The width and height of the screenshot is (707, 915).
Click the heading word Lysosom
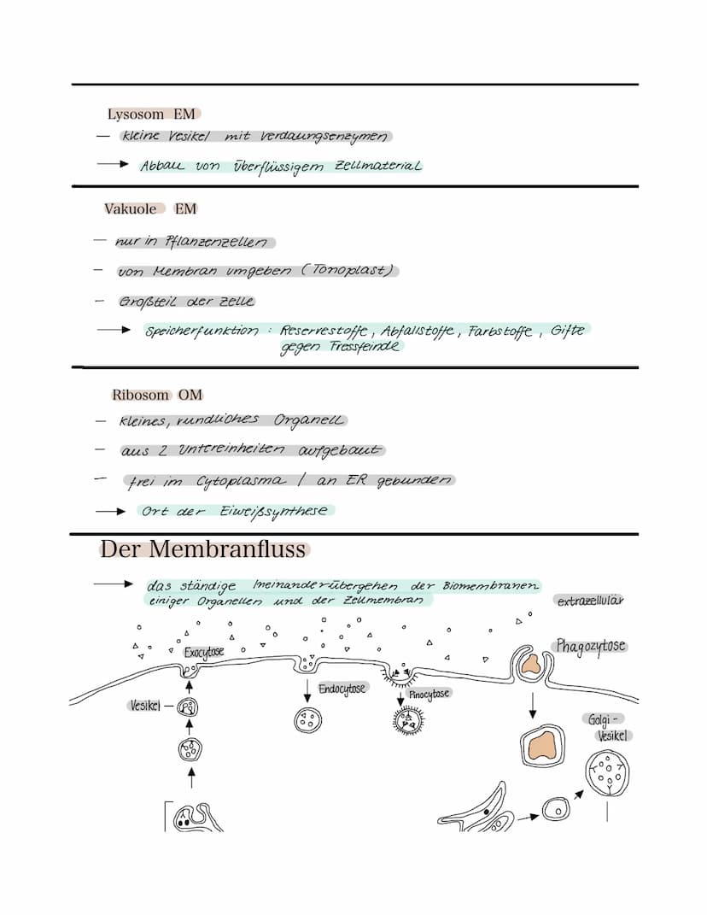(136, 114)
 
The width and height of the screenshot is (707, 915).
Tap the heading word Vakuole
(131, 209)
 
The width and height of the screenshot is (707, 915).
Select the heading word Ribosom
(141, 395)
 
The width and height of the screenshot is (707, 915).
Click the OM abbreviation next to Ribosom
(190, 395)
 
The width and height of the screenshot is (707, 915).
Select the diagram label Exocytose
(203, 653)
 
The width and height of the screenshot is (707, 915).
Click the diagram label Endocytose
(342, 689)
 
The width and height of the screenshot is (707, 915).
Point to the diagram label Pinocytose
(428, 694)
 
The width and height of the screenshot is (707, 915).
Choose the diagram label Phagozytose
(591, 646)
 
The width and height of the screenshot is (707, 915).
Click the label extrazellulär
(590, 601)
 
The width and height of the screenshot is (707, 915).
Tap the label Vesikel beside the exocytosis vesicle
(146, 706)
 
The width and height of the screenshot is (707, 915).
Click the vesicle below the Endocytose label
(307, 719)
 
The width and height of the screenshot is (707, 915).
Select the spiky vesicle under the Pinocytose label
(406, 722)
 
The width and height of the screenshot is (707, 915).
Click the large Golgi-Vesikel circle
(608, 772)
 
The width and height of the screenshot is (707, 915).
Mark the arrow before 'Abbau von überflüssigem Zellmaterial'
(112, 163)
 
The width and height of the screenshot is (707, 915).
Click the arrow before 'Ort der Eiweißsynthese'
(110, 511)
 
